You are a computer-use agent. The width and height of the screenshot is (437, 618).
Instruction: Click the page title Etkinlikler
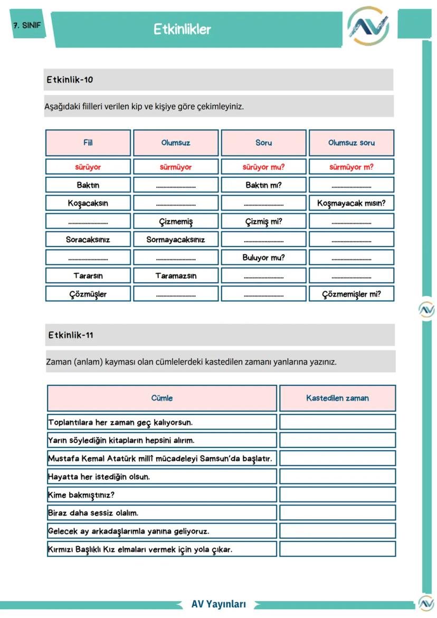(x=182, y=29)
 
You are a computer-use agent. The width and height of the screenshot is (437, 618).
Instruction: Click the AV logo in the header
(x=368, y=26)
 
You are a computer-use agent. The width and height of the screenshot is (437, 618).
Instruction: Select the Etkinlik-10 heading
(x=70, y=80)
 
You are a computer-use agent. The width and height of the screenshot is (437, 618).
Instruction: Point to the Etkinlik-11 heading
(x=71, y=335)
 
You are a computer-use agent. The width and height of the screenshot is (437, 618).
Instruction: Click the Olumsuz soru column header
(x=351, y=143)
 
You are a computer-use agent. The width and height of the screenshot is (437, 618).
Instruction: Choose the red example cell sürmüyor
(x=176, y=167)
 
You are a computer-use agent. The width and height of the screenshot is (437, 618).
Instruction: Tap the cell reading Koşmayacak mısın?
(x=351, y=203)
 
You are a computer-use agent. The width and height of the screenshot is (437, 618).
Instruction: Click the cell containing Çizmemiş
(x=176, y=222)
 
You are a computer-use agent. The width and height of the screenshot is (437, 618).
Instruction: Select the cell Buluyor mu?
(x=263, y=258)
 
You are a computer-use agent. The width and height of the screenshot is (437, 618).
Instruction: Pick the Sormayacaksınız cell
(x=176, y=240)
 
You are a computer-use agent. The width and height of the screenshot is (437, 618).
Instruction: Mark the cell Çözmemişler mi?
(x=351, y=294)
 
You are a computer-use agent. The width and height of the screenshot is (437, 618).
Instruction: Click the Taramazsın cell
(x=176, y=276)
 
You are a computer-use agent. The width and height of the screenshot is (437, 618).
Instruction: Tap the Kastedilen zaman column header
(x=337, y=398)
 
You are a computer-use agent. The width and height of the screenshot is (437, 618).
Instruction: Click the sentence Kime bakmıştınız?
(x=81, y=495)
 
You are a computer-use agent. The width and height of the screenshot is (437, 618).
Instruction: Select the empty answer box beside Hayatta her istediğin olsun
(x=337, y=477)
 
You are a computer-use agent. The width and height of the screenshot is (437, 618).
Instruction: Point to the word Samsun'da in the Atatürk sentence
(x=218, y=459)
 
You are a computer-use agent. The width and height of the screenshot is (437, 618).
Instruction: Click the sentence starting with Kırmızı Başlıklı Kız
(x=140, y=549)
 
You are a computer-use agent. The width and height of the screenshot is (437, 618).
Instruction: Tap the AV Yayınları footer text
(x=218, y=604)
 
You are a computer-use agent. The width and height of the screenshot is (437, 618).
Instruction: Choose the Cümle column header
(x=162, y=398)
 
